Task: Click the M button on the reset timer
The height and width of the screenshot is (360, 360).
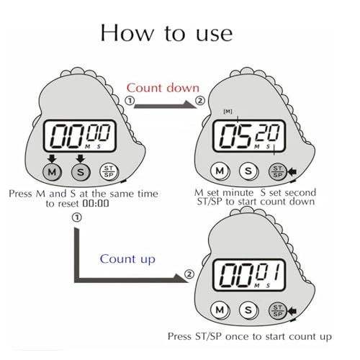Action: tap(52, 171)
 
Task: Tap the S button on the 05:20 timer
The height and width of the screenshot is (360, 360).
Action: tap(248, 171)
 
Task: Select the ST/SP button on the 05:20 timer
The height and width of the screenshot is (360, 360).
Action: tap(278, 171)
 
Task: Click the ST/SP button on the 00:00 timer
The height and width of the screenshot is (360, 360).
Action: tap(109, 171)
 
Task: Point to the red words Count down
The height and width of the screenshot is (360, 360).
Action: tap(163, 88)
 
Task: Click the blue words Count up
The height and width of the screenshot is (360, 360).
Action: tap(127, 259)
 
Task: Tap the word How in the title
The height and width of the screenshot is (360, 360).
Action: tap(127, 33)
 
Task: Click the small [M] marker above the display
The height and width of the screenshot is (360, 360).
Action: tap(228, 112)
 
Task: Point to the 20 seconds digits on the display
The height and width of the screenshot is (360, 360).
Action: tap(268, 132)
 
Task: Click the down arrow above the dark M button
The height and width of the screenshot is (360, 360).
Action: tap(52, 158)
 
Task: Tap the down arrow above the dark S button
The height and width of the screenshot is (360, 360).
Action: tap(81, 158)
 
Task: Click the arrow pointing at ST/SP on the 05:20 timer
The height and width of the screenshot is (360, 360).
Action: tap(292, 171)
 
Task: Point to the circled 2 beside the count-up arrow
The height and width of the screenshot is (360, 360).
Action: tap(189, 274)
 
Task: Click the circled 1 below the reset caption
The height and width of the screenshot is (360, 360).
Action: tap(77, 217)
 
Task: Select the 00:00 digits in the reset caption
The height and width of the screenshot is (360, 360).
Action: tap(96, 204)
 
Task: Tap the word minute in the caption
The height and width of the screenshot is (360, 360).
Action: tap(238, 193)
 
